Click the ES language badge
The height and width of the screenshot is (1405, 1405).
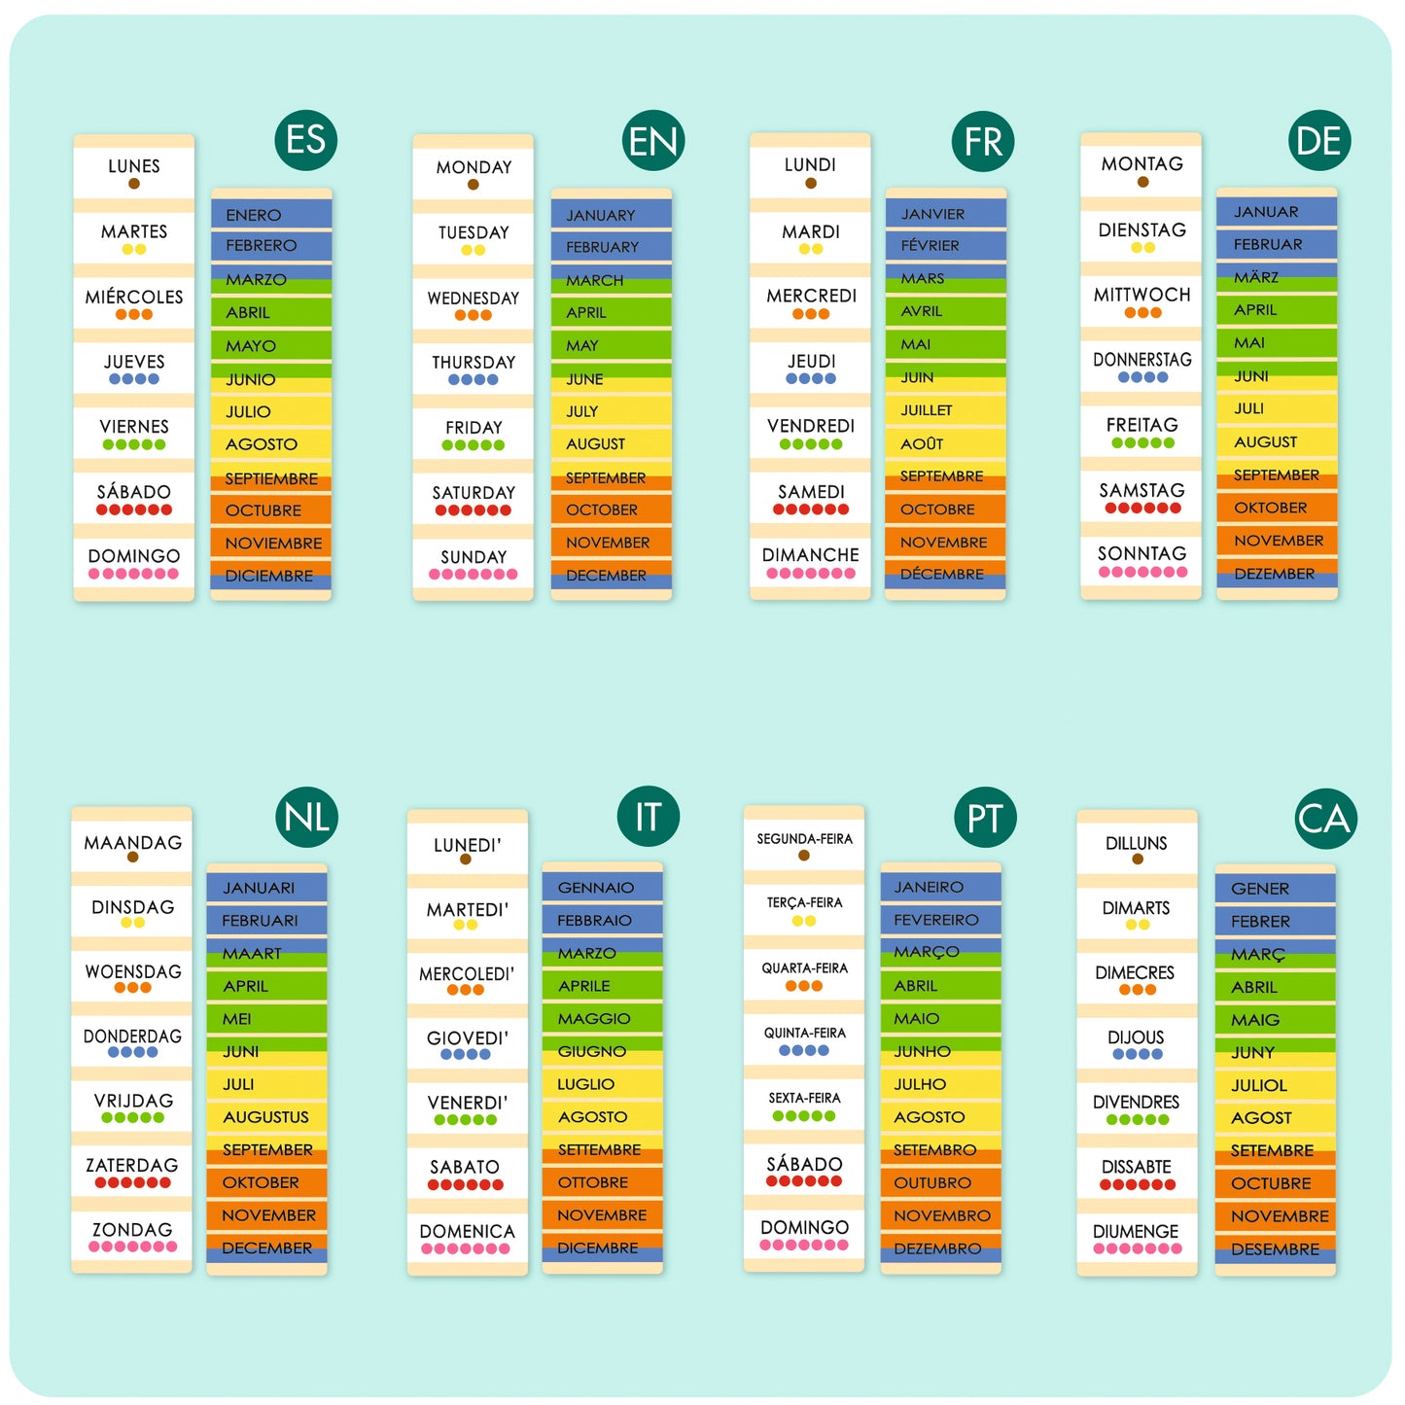tap(306, 140)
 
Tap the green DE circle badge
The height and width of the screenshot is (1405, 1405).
tap(1318, 141)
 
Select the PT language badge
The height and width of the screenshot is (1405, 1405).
tap(984, 819)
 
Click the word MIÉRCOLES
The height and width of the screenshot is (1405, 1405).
tap(134, 297)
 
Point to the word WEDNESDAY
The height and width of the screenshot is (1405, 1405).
tap(474, 298)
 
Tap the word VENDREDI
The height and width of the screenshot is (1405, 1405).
tap(811, 426)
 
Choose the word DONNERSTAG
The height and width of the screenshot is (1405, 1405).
tap(1142, 360)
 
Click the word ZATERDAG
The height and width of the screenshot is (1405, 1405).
tap(132, 1165)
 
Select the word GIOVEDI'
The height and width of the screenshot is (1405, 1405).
tap(467, 1037)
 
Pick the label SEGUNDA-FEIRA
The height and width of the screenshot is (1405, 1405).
tap(804, 838)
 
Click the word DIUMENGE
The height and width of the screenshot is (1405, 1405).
tap(1136, 1231)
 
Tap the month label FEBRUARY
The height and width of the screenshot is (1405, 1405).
tap(602, 247)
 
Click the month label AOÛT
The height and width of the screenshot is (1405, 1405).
tap(922, 443)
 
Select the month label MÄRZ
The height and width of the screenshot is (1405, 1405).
tap(1256, 277)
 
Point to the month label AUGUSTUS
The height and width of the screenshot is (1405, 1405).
tap(265, 1117)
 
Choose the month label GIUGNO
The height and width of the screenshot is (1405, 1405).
tap(591, 1051)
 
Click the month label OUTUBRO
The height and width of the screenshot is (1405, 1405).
tap(932, 1182)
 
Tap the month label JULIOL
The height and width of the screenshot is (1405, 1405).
tap(1259, 1085)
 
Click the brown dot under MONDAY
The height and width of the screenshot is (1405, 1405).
tap(473, 185)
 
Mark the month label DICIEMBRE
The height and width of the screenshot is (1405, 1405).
tap(268, 576)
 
